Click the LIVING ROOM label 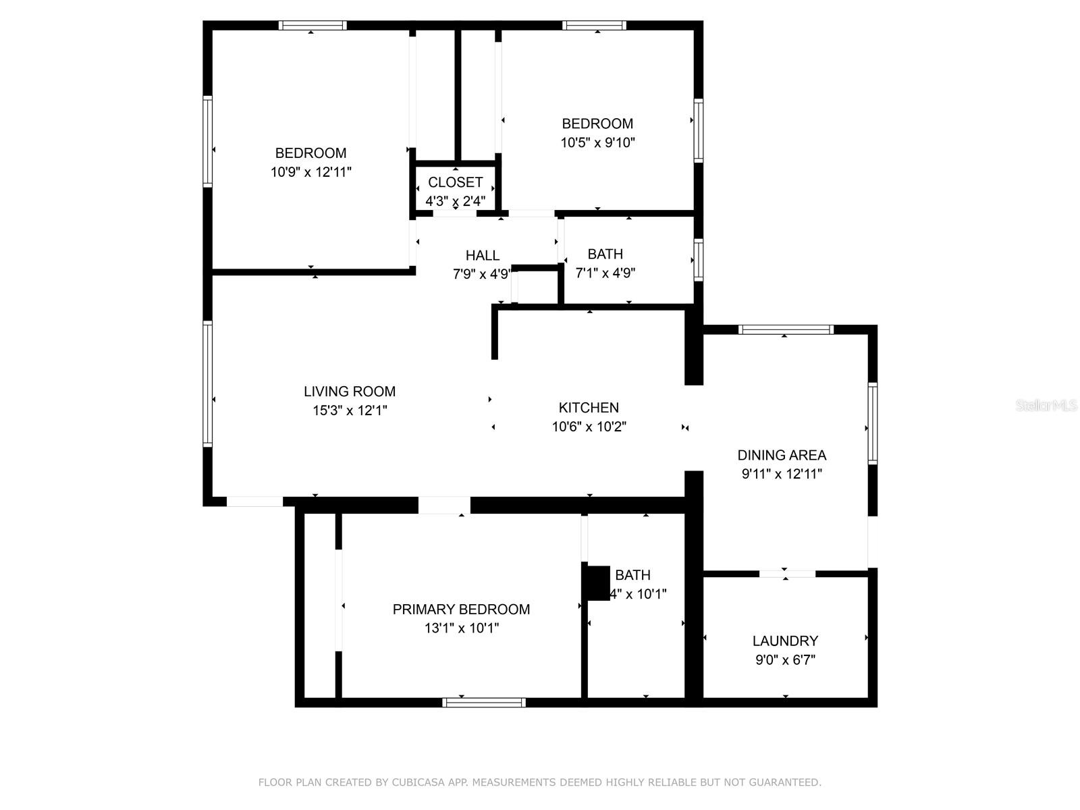(x=349, y=391)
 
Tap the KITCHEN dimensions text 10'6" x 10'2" (x=589, y=427)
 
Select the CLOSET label (x=455, y=182)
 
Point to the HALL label (x=482, y=255)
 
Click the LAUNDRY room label (x=785, y=641)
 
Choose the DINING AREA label (x=782, y=455)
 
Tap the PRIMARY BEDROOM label (x=461, y=610)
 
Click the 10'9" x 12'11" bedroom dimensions (x=310, y=172)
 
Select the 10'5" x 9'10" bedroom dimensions (x=597, y=142)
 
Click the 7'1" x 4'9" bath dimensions (x=605, y=273)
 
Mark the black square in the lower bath (x=597, y=583)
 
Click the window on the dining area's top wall (x=786, y=329)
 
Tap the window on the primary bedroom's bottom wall (x=483, y=703)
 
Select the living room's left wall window (x=208, y=383)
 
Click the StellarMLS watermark (x=1047, y=406)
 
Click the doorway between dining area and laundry (x=787, y=574)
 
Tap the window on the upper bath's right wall (x=699, y=260)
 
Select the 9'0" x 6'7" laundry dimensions (x=785, y=660)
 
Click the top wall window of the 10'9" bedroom (x=313, y=26)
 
